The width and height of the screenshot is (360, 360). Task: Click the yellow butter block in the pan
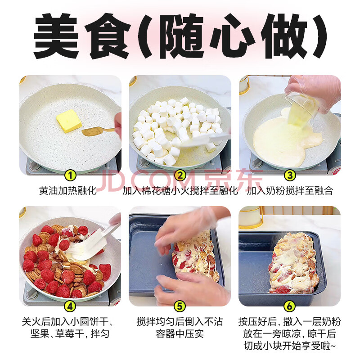69,121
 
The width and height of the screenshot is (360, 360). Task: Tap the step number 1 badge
70,175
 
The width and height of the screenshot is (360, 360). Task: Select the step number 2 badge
180,175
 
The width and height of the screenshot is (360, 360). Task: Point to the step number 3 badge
290,175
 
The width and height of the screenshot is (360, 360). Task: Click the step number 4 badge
70,306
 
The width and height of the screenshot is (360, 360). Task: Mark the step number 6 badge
289,306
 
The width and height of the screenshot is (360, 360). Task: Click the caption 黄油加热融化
68,190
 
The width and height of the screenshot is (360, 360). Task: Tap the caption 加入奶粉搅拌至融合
290,190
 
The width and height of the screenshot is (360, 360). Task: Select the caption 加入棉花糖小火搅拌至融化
180,190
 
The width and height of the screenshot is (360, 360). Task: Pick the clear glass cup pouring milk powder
301,106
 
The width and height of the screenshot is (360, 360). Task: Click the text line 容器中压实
180,334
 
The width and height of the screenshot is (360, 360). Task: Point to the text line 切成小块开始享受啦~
290,346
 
